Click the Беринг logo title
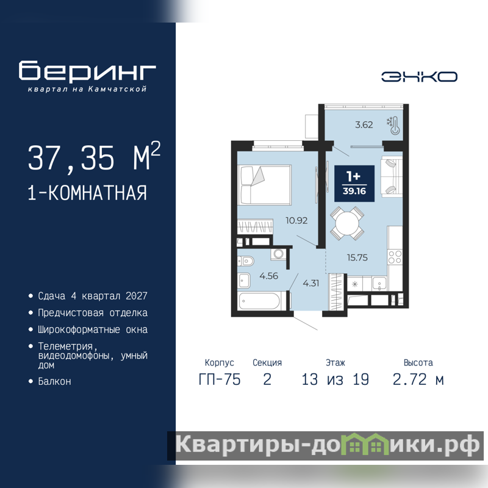(x=87, y=70)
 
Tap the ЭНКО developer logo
(x=419, y=77)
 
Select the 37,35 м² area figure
(x=94, y=157)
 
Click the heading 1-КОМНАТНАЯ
(x=87, y=193)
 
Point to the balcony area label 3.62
(x=364, y=125)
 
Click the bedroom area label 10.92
(x=296, y=221)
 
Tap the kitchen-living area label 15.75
(x=357, y=257)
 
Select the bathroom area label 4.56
(x=268, y=276)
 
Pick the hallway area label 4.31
(x=311, y=283)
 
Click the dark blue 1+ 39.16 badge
(x=354, y=184)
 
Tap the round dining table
(x=347, y=223)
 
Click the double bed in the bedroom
(x=265, y=185)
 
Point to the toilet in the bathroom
(x=246, y=261)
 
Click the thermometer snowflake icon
(x=393, y=125)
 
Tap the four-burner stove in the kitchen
(x=395, y=257)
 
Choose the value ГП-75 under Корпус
(x=220, y=379)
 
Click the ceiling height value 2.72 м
(x=418, y=379)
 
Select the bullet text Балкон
(x=54, y=381)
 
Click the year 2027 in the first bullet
(x=136, y=296)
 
